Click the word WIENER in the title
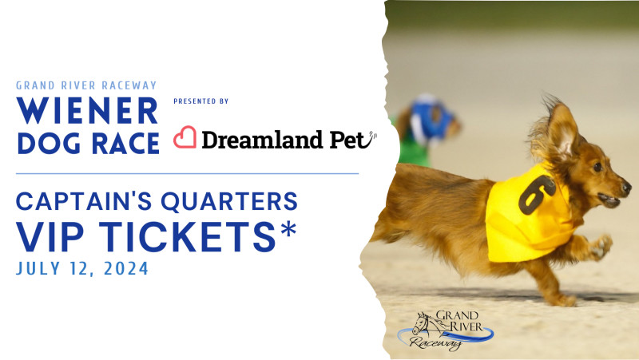tap(86, 111)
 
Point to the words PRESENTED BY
tap(200, 101)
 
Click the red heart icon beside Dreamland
tap(185, 138)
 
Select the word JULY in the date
tap(38, 269)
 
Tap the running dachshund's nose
tap(625, 188)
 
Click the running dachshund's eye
tap(596, 167)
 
